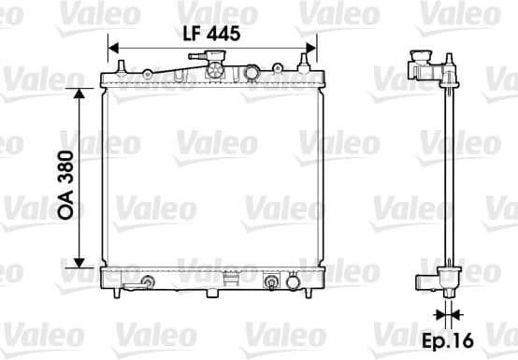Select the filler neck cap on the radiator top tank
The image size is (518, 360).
[212, 69]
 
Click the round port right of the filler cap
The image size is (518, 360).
[251, 73]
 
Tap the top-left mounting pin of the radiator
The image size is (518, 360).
[121, 66]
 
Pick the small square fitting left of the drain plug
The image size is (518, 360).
[272, 281]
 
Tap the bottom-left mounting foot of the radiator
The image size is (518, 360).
[116, 293]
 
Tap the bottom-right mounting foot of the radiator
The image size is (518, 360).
[309, 293]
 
